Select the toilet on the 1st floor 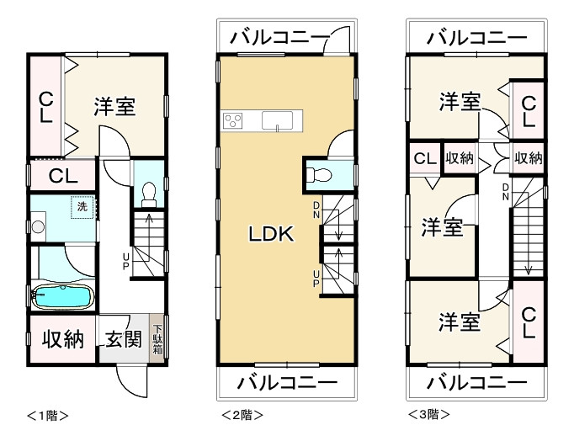[149, 194]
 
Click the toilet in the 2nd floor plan [318, 175]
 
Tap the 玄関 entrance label [122, 339]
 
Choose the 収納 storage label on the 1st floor [63, 339]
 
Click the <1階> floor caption [47, 415]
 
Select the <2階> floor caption [242, 415]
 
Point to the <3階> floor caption [428, 415]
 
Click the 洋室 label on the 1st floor [115, 107]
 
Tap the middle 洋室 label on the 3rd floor [442, 226]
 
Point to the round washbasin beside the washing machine [37, 226]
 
